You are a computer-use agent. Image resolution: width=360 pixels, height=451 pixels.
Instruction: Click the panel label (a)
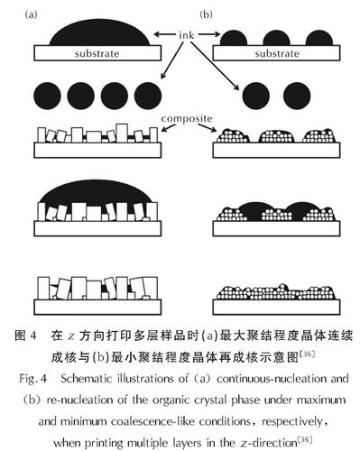coord(32,14)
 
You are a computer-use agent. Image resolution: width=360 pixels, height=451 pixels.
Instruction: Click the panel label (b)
coord(206,14)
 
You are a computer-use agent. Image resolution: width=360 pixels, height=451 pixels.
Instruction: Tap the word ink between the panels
coord(187,35)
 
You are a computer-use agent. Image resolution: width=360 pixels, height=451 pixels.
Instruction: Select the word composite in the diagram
coord(187,118)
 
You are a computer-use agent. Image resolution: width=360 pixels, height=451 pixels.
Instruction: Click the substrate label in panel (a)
coord(97,53)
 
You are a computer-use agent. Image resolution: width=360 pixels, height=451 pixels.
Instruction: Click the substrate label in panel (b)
coord(277,53)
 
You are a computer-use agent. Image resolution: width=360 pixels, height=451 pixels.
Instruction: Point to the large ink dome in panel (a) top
coord(99,33)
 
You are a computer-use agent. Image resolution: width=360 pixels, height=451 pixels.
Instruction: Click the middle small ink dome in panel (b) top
coord(276,38)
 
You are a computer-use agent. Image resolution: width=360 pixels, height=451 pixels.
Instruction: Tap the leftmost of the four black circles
coord(47,96)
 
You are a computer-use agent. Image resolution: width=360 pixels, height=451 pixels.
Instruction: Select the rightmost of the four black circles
coord(148,96)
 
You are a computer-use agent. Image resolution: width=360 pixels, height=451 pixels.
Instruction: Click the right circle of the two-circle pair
coord(297,96)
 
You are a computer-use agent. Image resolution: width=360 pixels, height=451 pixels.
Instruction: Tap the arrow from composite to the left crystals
coord(169,127)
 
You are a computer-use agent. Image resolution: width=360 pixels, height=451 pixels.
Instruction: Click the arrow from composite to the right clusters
coord(207,127)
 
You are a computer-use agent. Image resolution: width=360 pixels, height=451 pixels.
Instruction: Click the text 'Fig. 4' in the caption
coord(33,378)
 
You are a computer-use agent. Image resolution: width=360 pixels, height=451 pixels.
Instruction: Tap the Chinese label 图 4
coord(25,336)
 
